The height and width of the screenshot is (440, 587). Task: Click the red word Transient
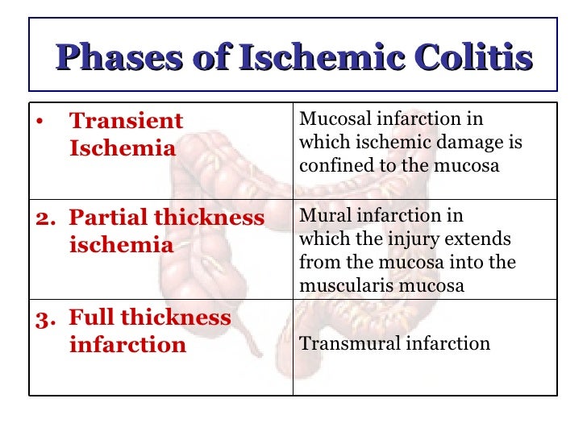(127, 122)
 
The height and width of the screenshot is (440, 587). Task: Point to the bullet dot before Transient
(39, 122)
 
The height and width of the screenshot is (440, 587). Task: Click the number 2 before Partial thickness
(43, 218)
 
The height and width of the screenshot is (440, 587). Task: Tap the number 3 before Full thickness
(43, 318)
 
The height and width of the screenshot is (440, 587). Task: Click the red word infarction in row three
(127, 345)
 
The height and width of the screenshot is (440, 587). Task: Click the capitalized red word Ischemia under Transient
(123, 149)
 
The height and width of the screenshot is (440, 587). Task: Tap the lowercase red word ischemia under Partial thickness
(122, 245)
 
